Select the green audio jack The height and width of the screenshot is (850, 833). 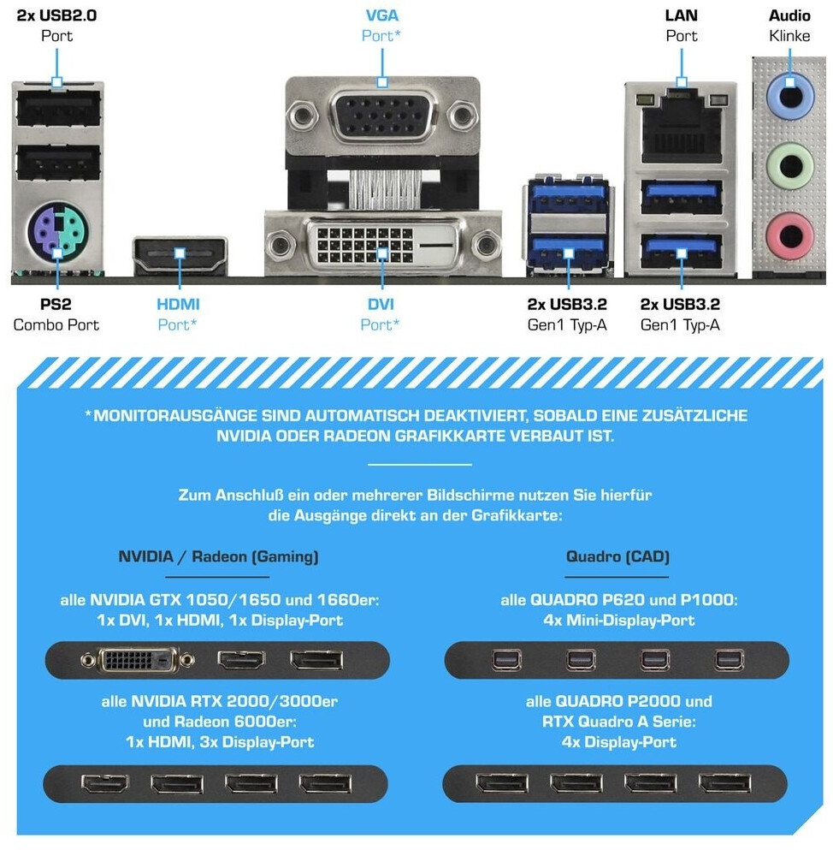[789, 160]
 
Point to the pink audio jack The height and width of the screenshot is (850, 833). [789, 229]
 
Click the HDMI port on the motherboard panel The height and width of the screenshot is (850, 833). [180, 253]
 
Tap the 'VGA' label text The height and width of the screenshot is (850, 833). [381, 15]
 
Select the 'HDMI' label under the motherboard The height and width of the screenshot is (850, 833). [178, 304]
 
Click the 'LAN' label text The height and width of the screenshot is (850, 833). [681, 15]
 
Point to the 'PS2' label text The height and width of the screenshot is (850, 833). [56, 304]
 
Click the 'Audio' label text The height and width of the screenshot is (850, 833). [789, 15]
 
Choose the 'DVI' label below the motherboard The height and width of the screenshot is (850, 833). [381, 304]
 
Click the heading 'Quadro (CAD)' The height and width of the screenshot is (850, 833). [617, 556]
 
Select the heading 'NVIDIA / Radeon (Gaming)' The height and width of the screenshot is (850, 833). [218, 556]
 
